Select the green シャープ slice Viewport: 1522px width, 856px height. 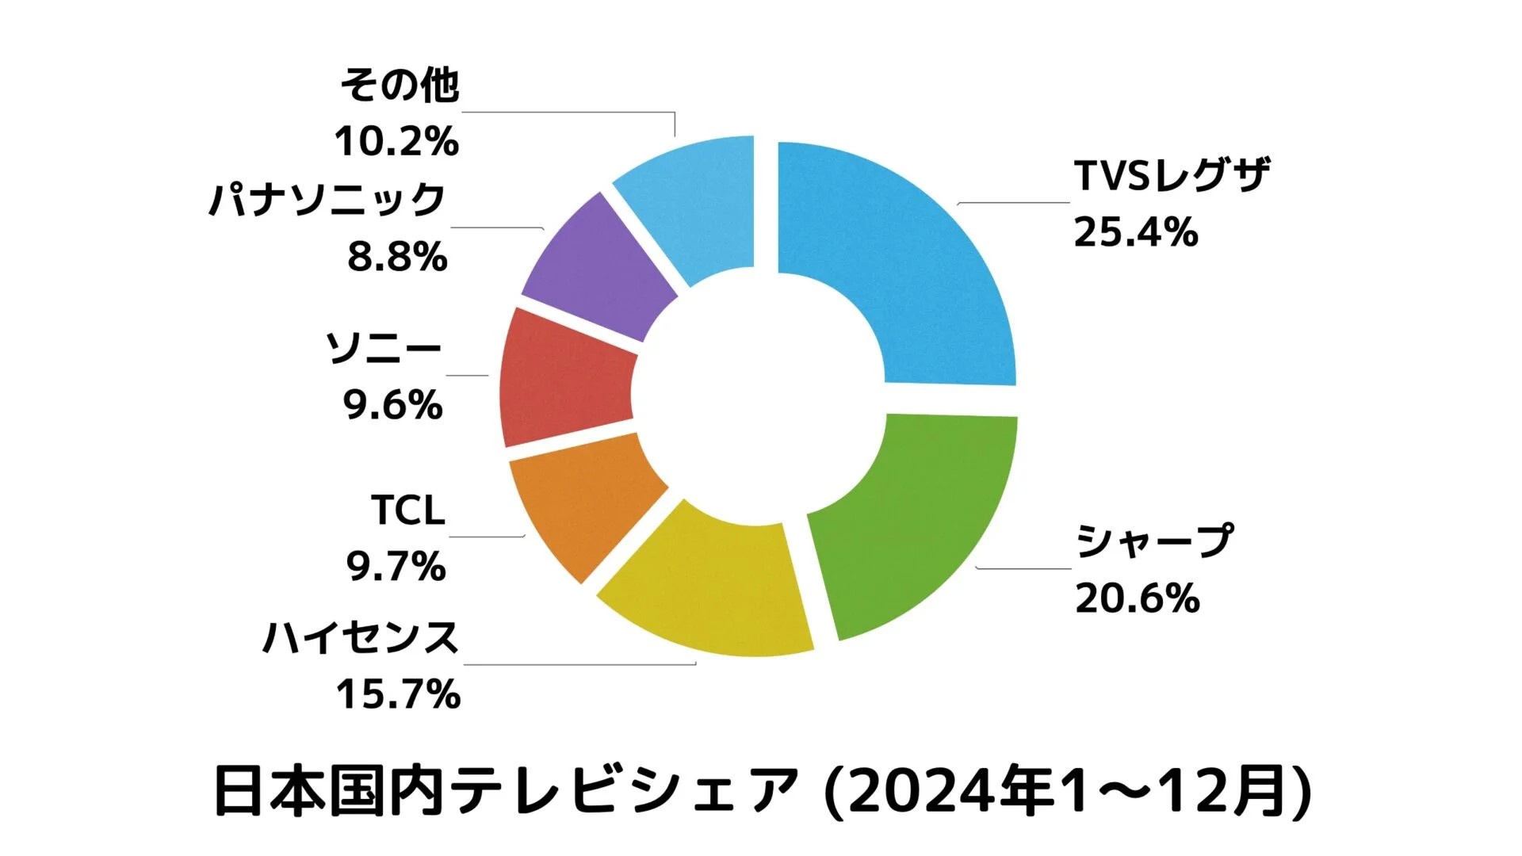[920, 523]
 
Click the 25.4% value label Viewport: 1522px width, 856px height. [1135, 233]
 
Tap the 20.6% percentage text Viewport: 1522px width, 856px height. [1137, 598]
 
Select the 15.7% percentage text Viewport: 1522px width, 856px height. [398, 694]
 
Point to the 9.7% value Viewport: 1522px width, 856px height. [396, 567]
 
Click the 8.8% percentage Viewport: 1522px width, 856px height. [397, 258]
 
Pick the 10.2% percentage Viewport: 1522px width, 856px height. [396, 142]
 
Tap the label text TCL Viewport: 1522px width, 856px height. [408, 510]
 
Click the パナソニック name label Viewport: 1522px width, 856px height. [327, 200]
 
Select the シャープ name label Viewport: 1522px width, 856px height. [1154, 541]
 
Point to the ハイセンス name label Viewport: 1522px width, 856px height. [361, 638]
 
